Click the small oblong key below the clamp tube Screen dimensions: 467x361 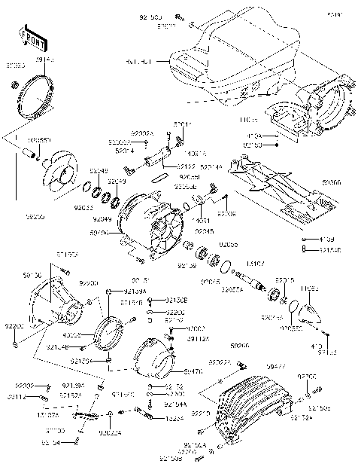pyautogui.click(x=159, y=178)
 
